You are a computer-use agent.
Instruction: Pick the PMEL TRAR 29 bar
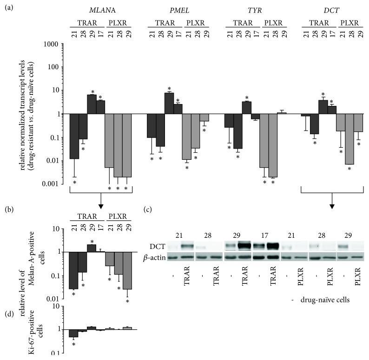(169, 103)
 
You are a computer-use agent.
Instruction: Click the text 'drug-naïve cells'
(325, 300)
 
